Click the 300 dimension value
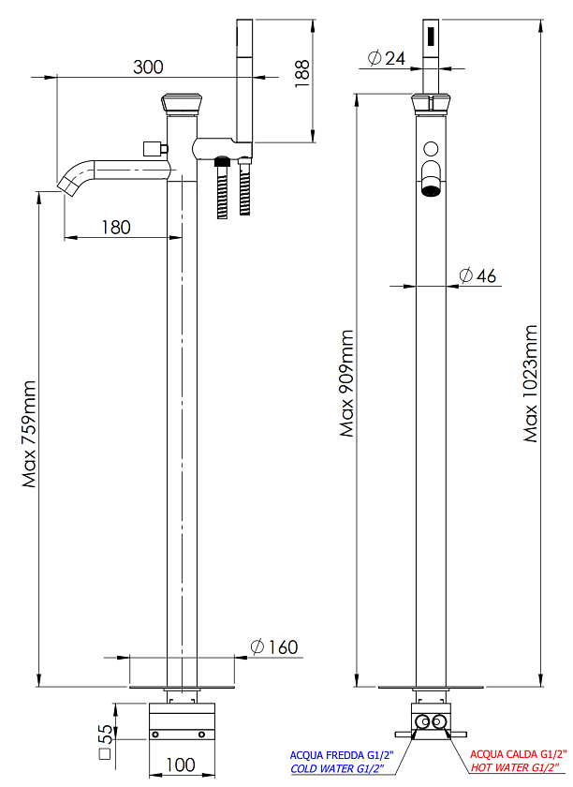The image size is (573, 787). pyautogui.click(x=148, y=67)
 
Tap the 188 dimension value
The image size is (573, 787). pyautogui.click(x=302, y=74)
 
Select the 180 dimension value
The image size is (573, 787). pyautogui.click(x=116, y=228)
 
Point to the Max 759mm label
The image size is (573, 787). pyautogui.click(x=29, y=434)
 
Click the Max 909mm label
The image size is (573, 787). pyautogui.click(x=346, y=383)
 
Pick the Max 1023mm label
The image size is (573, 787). pyautogui.click(x=530, y=384)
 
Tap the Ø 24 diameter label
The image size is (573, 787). pyautogui.click(x=386, y=58)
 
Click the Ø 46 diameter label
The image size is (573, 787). pyautogui.click(x=477, y=275)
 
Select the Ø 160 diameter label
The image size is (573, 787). pyautogui.click(x=274, y=647)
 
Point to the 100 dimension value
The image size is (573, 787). pyautogui.click(x=180, y=765)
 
